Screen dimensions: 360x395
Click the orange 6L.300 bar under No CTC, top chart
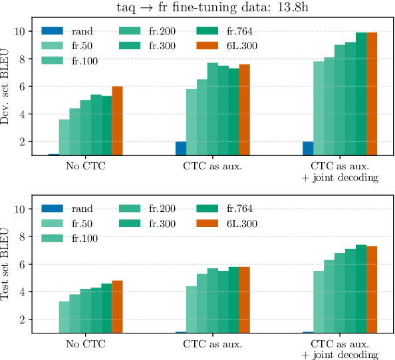click(x=117, y=121)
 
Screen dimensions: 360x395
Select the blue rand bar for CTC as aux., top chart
click(x=181, y=148)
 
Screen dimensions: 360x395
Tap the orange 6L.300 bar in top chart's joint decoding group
click(x=372, y=94)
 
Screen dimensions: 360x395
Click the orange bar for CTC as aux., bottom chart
click(x=245, y=300)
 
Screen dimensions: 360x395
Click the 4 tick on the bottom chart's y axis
click(x=24, y=292)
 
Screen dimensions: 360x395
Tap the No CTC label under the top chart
click(x=85, y=165)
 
